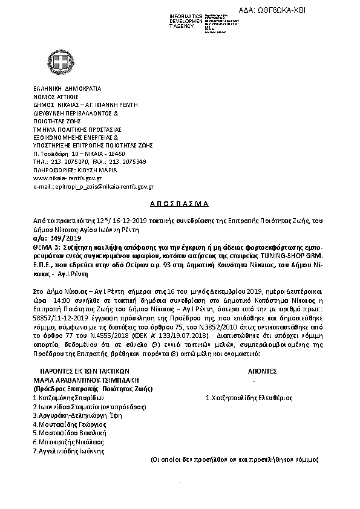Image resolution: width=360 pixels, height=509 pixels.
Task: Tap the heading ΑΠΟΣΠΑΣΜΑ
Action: click(179, 204)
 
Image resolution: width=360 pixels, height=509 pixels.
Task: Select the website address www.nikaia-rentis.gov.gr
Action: click(67, 178)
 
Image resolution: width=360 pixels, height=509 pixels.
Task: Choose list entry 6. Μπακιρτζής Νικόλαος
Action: click(68, 442)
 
